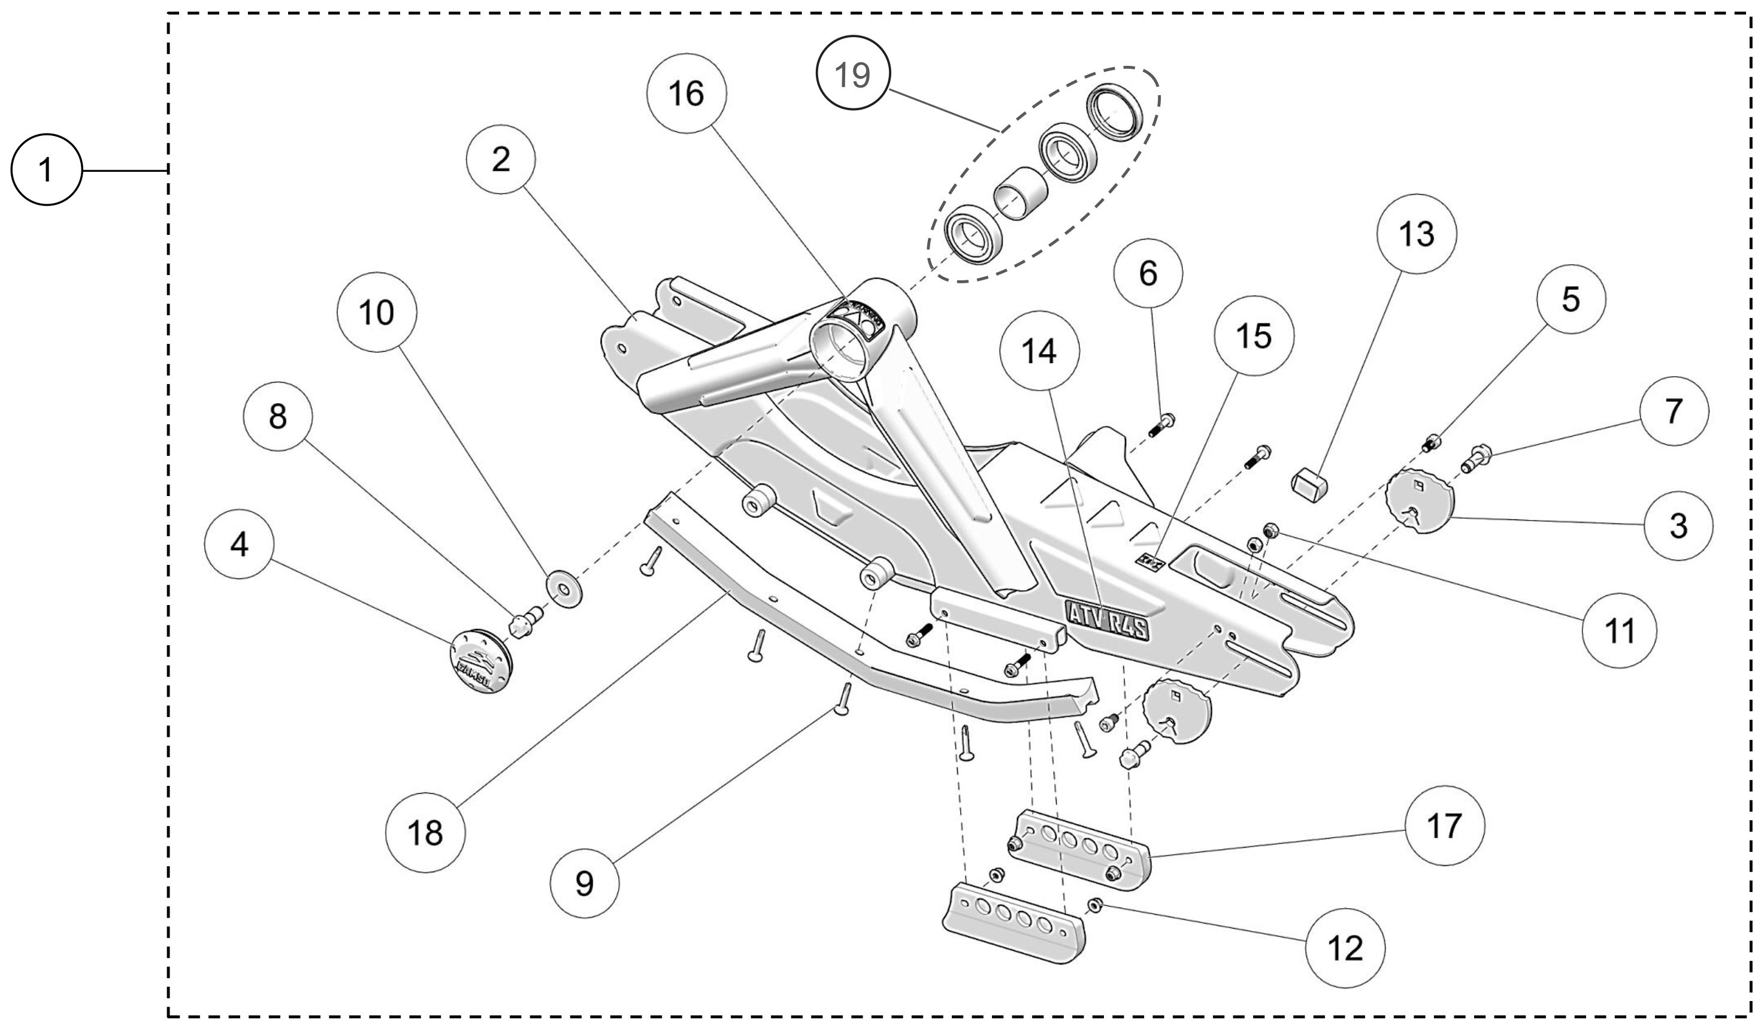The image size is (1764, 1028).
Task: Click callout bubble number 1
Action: tap(46, 170)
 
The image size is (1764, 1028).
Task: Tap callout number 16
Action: tap(686, 93)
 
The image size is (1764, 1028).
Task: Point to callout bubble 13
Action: tap(1416, 234)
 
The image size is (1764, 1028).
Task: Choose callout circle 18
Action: tap(425, 833)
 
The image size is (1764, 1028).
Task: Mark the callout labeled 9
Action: tap(585, 883)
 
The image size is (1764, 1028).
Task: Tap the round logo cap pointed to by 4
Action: tap(480, 661)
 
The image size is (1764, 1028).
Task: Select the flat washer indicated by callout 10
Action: tap(564, 588)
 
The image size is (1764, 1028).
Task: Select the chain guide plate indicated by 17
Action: tap(1082, 849)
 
